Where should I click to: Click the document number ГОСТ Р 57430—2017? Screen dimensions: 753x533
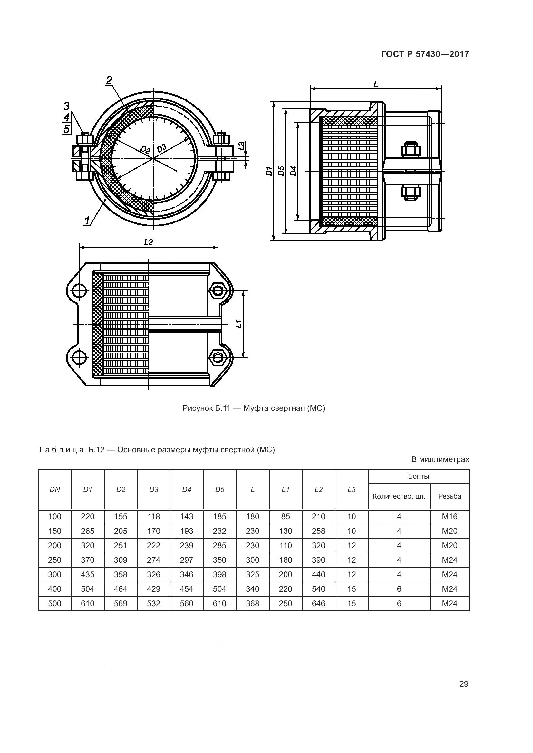(425, 54)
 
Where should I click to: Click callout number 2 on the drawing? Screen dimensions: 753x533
(109, 80)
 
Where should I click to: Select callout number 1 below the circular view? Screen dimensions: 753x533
(87, 221)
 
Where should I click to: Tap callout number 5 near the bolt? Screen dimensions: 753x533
(67, 129)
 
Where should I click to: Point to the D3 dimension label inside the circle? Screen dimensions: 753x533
(161, 148)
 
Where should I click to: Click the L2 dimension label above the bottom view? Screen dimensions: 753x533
(148, 242)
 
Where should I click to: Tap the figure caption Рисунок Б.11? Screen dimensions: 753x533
(253, 408)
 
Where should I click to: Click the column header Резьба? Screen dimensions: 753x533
(449, 496)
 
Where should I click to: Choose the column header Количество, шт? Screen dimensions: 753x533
(399, 496)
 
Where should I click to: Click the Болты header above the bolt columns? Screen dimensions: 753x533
(419, 476)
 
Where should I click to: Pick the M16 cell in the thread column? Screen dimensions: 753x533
(449, 516)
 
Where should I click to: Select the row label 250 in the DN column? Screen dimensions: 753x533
(54, 560)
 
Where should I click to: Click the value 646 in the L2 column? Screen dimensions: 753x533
(318, 603)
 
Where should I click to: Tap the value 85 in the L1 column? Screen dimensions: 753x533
(286, 516)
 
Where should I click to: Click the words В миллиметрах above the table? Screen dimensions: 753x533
(440, 459)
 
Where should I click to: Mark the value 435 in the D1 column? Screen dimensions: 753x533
(88, 574)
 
